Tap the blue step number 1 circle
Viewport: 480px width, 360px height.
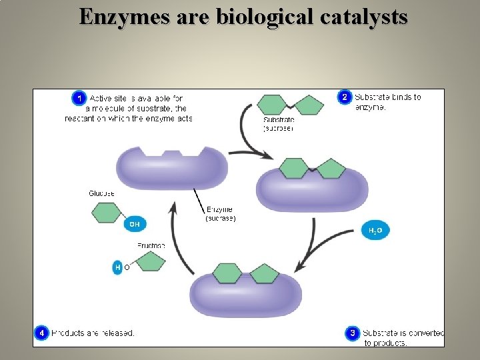pyautogui.click(x=79, y=98)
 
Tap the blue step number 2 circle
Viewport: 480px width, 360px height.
pyautogui.click(x=345, y=97)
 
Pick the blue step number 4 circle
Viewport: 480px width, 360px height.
pyautogui.click(x=41, y=332)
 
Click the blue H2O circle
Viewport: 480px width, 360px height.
pyautogui.click(x=375, y=231)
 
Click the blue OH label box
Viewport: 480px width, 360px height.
pyautogui.click(x=134, y=224)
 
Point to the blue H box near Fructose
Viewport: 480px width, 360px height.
pyautogui.click(x=118, y=267)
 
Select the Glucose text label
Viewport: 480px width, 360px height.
pyautogui.click(x=101, y=193)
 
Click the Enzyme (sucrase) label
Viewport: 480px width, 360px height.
pyautogui.click(x=220, y=214)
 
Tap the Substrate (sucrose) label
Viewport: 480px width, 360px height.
pyautogui.click(x=277, y=124)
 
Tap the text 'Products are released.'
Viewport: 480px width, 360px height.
pyautogui.click(x=93, y=333)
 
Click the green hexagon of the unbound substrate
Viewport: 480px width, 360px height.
pyautogui.click(x=272, y=105)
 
